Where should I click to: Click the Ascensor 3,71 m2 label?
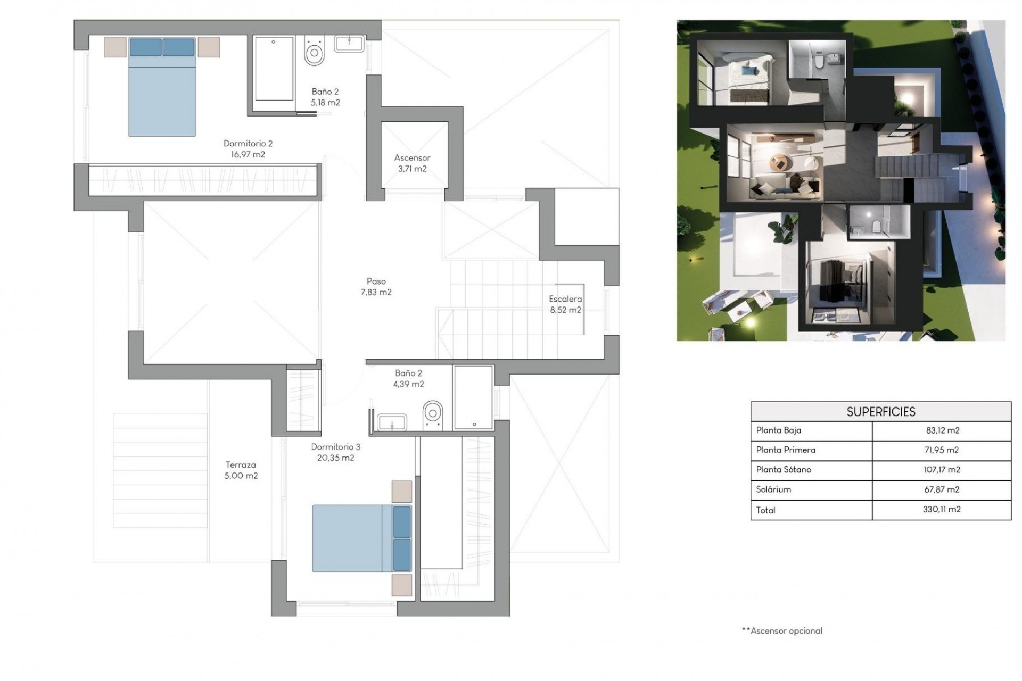(412, 163)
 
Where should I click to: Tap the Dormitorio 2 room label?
(248, 149)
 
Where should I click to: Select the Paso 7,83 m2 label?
(376, 286)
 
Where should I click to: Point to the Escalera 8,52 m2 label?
(565, 304)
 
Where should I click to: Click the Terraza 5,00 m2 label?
(241, 470)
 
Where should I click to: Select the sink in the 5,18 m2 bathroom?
(349, 44)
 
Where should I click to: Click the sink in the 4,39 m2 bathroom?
(392, 422)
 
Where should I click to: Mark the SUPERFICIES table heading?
(881, 412)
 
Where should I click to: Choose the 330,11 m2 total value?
(942, 509)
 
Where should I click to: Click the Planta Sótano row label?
(784, 470)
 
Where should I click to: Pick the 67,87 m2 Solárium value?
(942, 489)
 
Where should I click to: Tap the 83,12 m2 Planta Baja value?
(942, 430)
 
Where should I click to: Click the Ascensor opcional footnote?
(782, 631)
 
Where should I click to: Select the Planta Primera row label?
(786, 450)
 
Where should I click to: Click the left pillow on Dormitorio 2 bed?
(146, 47)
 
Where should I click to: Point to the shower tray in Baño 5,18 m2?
(274, 68)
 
